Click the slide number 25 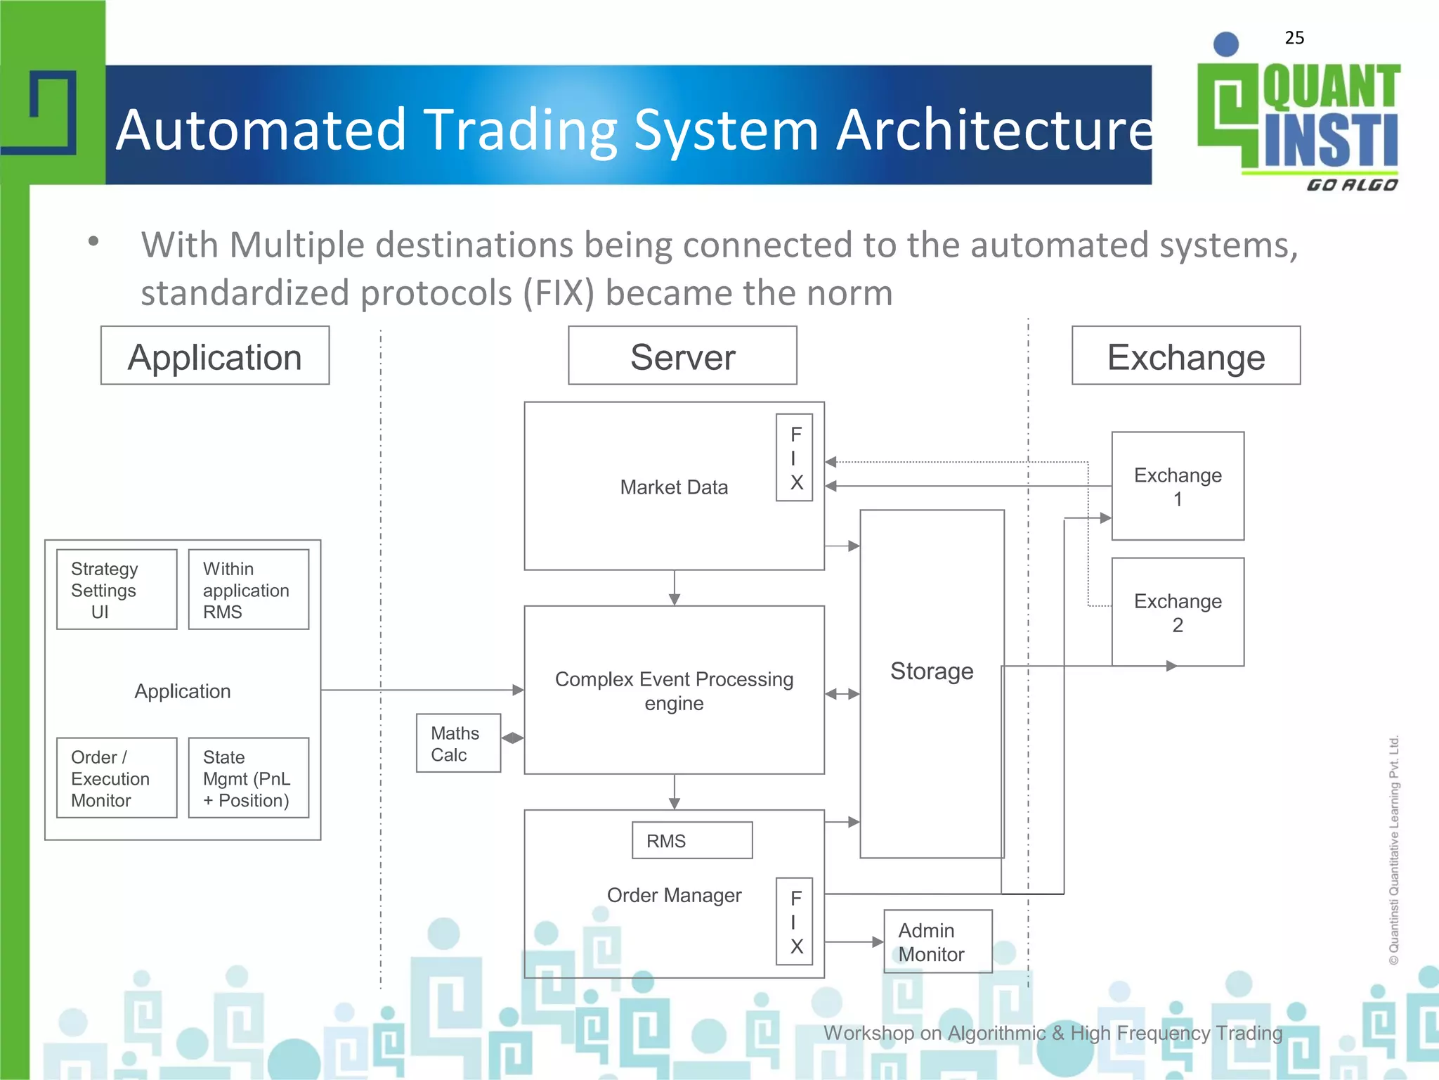1294,38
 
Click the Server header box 682,356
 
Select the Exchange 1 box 1178,487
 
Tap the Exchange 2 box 1178,612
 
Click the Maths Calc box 458,744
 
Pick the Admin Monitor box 937,942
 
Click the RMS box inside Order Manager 692,841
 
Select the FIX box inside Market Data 795,458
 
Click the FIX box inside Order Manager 795,921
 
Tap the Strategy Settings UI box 117,590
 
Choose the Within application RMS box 249,590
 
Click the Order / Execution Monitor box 117,778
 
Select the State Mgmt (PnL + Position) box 249,778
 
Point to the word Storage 932,671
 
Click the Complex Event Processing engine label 674,691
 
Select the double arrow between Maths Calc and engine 513,738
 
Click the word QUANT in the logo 1331,87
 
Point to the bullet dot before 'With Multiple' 93,242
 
